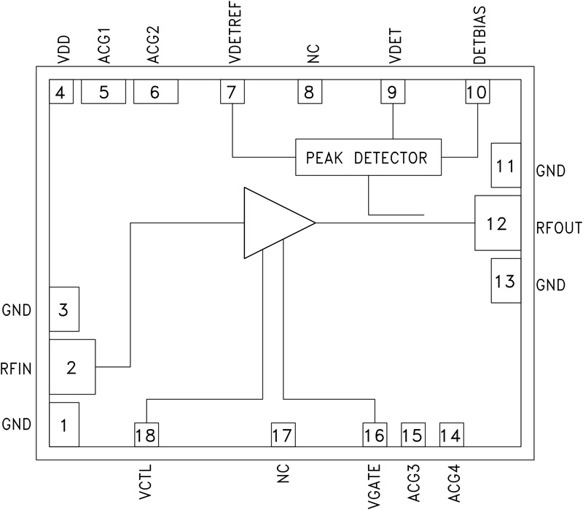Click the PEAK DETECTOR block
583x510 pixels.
tap(369, 157)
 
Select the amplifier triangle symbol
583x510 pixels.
tap(273, 223)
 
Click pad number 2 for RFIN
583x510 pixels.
tap(71, 367)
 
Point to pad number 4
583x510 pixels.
tap(60, 93)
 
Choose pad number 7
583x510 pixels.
tap(232, 93)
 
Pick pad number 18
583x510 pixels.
tap(146, 436)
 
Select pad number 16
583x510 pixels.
tap(375, 436)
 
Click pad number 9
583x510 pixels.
tap(392, 93)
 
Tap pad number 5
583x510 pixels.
tap(103, 93)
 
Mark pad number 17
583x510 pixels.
tap(283, 436)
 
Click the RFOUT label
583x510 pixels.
tap(557, 228)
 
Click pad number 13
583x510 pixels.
tap(506, 281)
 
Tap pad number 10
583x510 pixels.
tap(477, 93)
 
